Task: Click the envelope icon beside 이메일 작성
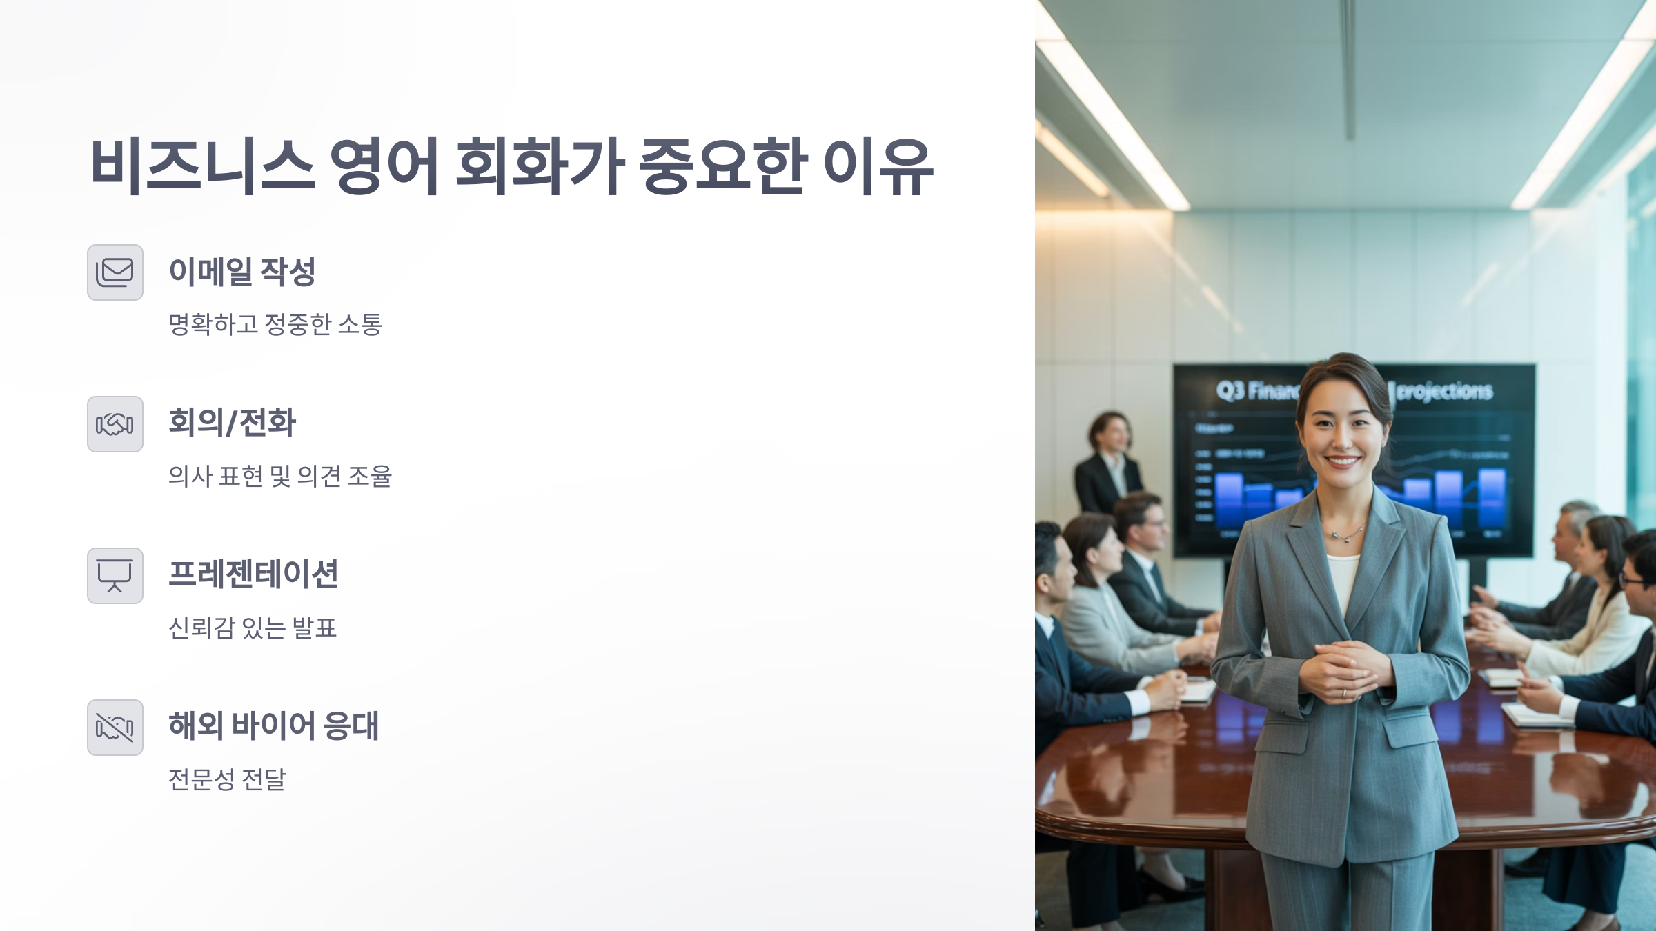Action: coord(115,272)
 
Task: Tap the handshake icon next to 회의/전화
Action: coord(115,424)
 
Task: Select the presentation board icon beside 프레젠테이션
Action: coord(115,576)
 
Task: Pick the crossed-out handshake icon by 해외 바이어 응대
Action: coord(115,728)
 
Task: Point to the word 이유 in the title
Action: coord(878,166)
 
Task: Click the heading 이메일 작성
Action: coord(241,272)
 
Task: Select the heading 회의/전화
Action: coord(232,423)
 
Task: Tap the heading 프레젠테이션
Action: coord(253,574)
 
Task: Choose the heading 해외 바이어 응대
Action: coord(274,726)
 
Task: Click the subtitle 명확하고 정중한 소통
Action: coord(275,324)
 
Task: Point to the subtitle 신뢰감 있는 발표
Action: coord(253,628)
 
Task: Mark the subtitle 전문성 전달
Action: coord(227,779)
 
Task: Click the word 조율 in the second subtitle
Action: coord(370,476)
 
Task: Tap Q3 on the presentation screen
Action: coord(1230,391)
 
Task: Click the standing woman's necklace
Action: coord(1343,534)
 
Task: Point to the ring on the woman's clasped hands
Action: coord(1343,693)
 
